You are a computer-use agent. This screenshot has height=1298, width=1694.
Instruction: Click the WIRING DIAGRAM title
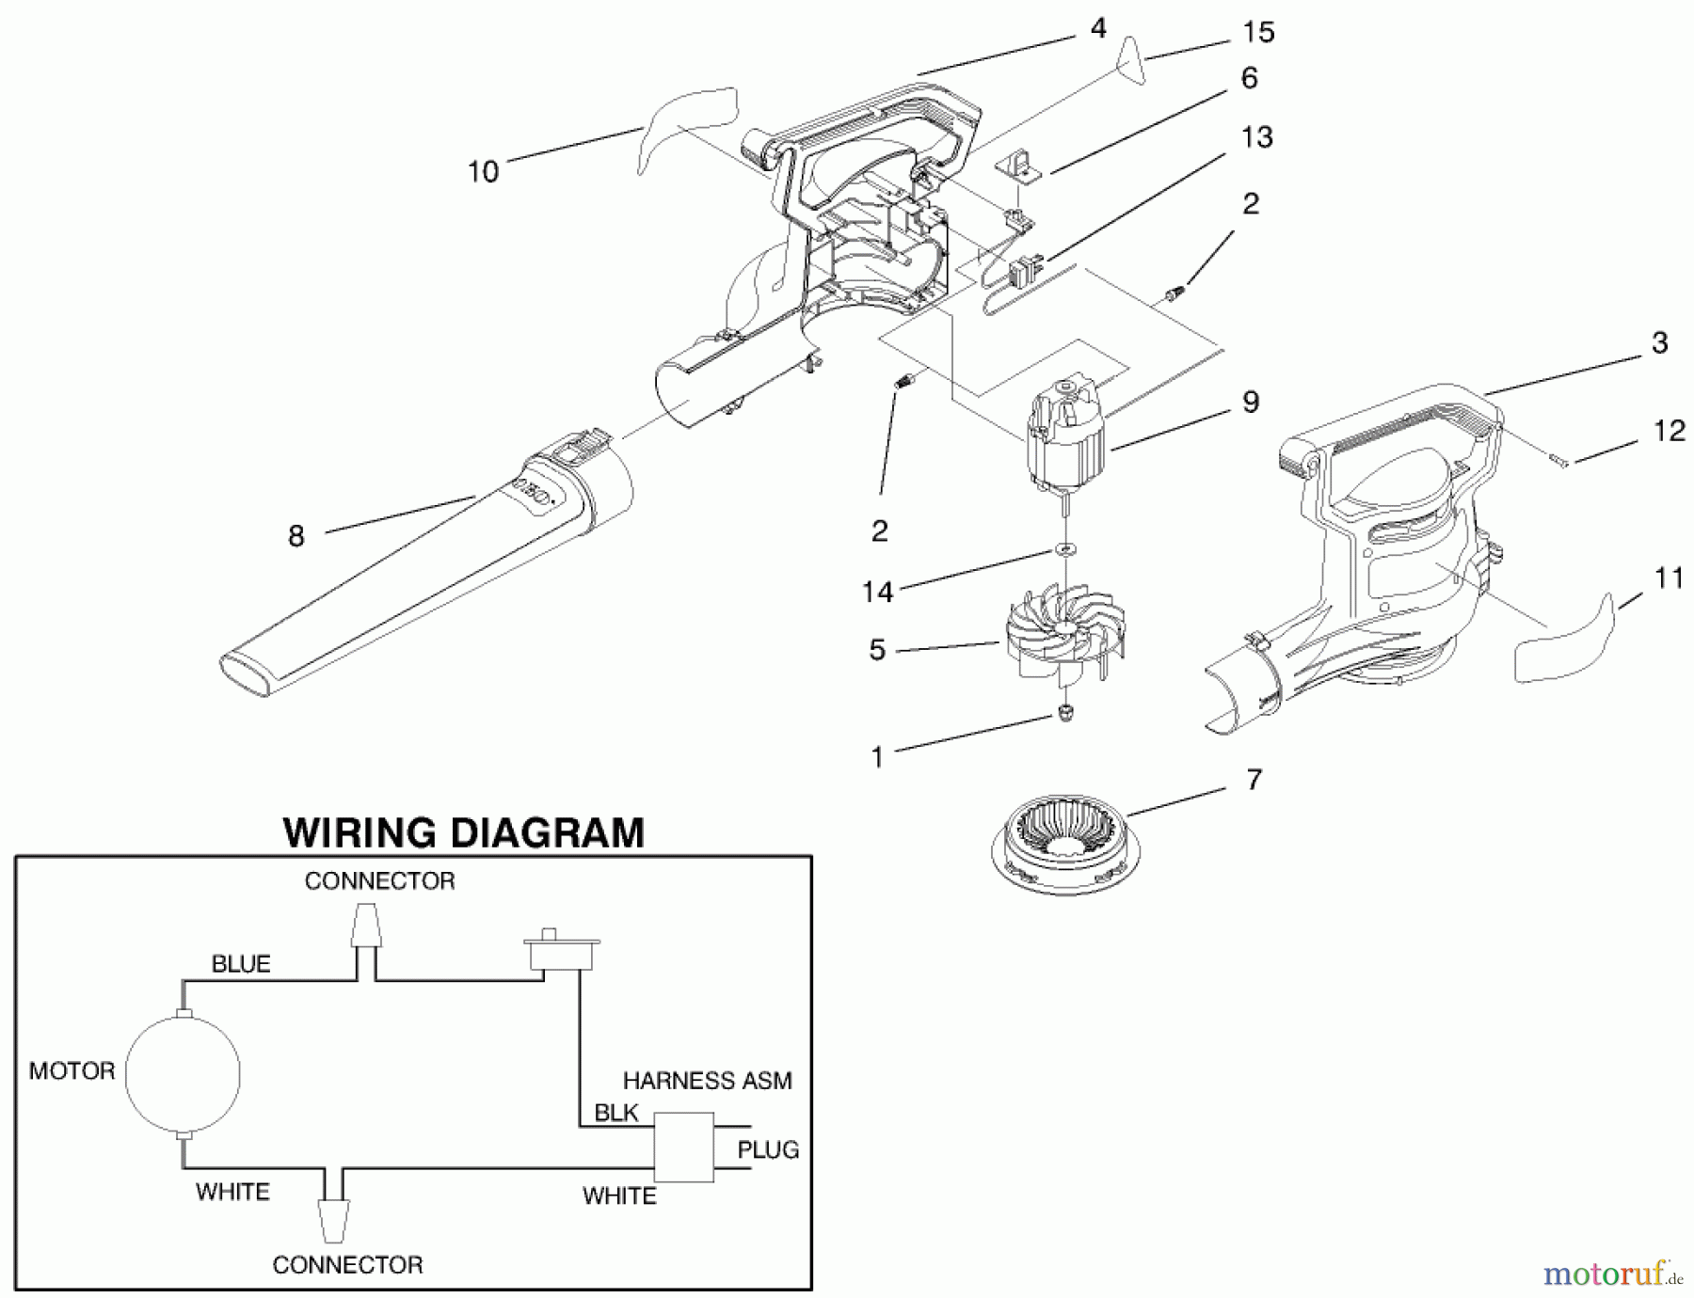click(463, 833)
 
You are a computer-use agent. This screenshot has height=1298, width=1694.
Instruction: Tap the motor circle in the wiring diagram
click(183, 1073)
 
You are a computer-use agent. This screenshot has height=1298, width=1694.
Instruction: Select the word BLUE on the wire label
click(241, 964)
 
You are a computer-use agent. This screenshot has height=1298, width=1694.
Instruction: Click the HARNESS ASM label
click(707, 1081)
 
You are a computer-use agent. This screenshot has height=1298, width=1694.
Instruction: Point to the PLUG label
click(768, 1149)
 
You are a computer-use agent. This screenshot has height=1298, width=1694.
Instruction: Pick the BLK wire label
click(616, 1113)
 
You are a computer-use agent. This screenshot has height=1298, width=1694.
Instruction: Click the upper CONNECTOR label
click(379, 881)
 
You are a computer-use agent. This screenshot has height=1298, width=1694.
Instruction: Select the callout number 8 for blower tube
click(296, 536)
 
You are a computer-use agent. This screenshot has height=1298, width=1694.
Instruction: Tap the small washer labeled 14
click(1064, 547)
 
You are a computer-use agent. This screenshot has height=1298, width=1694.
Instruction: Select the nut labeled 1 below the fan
click(1065, 713)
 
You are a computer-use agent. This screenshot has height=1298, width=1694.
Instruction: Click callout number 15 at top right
click(1258, 32)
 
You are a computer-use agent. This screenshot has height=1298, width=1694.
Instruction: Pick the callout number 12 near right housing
click(1670, 431)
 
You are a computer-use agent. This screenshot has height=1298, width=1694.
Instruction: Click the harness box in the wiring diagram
click(684, 1148)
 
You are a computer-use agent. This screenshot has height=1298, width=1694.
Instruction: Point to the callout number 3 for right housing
click(1659, 343)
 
